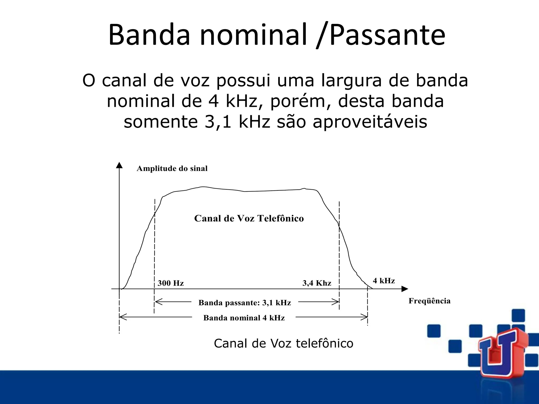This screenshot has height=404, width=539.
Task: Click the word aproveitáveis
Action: (370, 122)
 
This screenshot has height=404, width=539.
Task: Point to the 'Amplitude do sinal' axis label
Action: (172, 169)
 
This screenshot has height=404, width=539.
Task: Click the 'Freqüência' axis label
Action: (429, 301)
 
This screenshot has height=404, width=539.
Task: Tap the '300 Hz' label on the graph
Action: (171, 283)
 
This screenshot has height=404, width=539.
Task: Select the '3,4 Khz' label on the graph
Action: (317, 283)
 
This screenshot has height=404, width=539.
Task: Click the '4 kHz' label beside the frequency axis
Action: (384, 281)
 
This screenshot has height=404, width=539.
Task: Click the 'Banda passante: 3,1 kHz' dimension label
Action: (244, 303)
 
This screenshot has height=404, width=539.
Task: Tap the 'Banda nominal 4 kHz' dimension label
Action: (244, 318)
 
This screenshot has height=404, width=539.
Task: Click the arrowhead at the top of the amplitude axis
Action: (119, 165)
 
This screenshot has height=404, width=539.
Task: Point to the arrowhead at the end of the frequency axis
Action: (405, 289)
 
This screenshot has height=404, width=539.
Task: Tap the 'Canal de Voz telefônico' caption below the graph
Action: (283, 344)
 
